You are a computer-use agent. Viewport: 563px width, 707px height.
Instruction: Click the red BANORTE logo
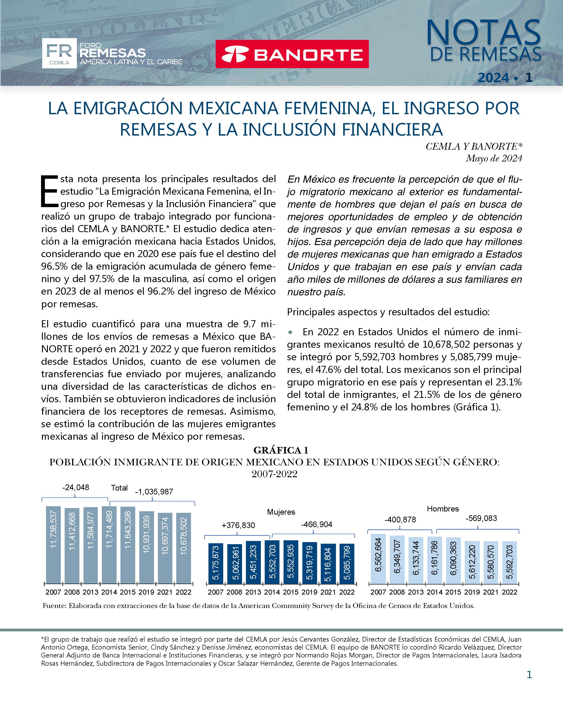pos(292,54)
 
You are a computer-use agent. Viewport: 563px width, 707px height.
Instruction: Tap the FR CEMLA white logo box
pos(59,53)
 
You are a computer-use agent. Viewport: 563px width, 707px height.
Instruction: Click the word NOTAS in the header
pos(483,33)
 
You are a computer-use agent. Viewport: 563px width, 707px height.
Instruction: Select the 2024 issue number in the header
pos(505,77)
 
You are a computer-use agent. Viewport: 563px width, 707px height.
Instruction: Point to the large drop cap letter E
pos(49,191)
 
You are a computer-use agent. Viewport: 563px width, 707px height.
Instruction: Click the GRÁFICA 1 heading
pos(281,450)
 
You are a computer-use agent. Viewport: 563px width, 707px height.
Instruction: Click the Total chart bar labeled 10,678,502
pos(184,548)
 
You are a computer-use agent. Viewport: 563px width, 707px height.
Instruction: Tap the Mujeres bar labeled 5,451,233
pos(253,562)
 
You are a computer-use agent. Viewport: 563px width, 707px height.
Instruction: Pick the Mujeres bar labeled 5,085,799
pos(347,564)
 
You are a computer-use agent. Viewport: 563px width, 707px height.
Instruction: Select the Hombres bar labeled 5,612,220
pos(472,562)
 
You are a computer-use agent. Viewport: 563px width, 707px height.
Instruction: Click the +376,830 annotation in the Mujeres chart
pos(238,525)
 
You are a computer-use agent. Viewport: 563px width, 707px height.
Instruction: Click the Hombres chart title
pos(443,509)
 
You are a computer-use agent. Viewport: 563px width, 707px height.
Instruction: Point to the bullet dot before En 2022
pos(290,332)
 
